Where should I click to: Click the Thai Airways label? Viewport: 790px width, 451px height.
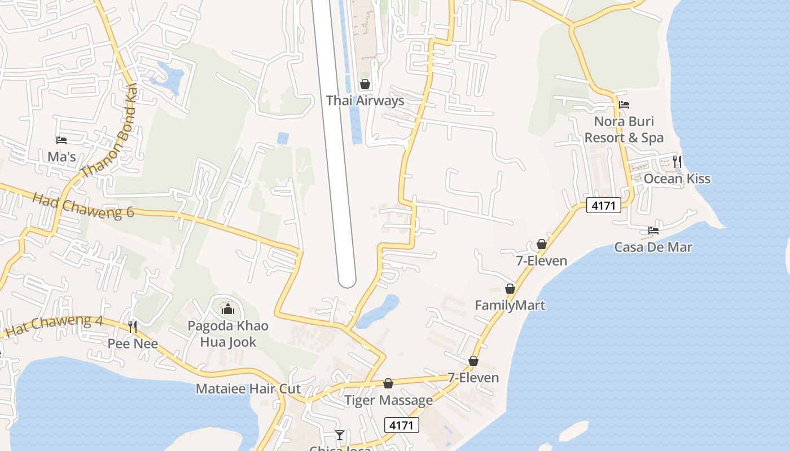pos(365,101)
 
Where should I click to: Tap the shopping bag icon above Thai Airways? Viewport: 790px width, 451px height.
pos(365,85)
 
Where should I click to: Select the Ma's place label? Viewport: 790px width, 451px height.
pos(62,157)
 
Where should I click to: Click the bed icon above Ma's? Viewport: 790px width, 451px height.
pos(62,140)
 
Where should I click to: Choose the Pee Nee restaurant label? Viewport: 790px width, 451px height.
pos(133,343)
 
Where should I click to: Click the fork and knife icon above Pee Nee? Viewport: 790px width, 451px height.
pos(133,326)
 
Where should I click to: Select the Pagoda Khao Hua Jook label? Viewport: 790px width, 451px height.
pos(228,334)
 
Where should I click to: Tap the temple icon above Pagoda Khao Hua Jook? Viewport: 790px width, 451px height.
pos(228,309)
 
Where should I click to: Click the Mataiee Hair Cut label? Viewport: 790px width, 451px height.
pos(248,389)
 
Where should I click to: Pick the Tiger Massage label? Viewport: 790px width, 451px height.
pos(388,400)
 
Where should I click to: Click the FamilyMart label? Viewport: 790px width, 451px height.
pos(510,306)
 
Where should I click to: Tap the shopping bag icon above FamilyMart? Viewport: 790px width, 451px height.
pos(510,289)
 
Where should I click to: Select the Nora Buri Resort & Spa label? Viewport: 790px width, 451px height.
pos(624,130)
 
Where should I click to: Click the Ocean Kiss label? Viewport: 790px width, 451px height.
pos(677,179)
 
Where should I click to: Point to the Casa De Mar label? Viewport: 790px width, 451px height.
pos(653,247)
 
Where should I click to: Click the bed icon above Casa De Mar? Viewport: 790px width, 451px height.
pos(653,230)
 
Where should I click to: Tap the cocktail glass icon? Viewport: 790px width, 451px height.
pos(340,435)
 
